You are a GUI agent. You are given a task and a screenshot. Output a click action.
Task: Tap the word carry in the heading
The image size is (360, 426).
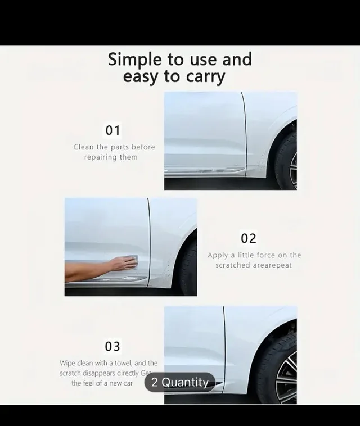click(205, 76)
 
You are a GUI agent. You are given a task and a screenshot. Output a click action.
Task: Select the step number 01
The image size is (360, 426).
click(113, 130)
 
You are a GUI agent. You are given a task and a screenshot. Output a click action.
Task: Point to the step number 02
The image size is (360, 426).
click(248, 238)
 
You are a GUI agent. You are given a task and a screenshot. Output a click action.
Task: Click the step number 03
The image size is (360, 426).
click(112, 346)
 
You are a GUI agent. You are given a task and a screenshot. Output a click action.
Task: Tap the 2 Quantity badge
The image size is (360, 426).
click(180, 383)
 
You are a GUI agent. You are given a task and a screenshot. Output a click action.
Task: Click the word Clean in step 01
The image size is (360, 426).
click(83, 147)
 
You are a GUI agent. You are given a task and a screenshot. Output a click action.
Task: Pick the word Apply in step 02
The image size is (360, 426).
click(218, 255)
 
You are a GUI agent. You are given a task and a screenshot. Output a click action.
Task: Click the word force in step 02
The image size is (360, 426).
click(266, 255)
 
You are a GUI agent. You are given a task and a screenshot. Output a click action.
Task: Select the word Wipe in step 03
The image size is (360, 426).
click(67, 364)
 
